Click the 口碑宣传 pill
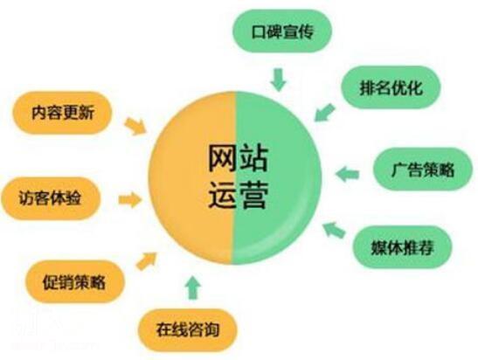282,31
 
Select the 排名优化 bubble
391,87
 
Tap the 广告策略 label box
423,170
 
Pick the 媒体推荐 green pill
402,247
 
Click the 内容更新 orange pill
62,113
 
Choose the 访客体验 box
51,198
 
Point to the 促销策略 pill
75,281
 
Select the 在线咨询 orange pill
188,329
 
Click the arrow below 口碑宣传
279,80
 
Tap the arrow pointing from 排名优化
324,113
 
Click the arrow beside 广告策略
347,174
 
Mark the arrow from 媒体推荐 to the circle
334,230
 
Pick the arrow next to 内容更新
135,126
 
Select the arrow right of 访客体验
130,200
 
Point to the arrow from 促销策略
146,261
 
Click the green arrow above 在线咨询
194,287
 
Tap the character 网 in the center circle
222,158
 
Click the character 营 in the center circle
253,195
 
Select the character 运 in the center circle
222,195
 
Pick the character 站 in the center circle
253,158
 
